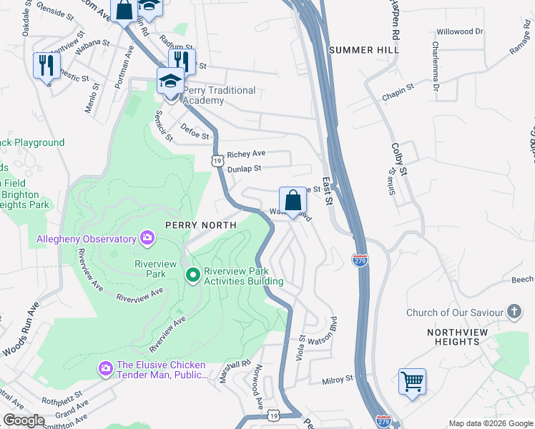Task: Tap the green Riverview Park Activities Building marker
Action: tap(192, 275)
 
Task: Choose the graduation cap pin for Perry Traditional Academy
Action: tap(170, 82)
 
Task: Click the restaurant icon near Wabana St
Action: tap(46, 65)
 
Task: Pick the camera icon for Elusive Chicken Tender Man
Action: tap(105, 368)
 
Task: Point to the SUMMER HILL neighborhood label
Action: tap(360, 50)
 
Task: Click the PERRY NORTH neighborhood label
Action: tap(200, 225)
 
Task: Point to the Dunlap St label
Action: tap(245, 169)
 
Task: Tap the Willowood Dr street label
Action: tap(460, 32)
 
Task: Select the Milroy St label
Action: tap(338, 380)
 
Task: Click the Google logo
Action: tap(24, 420)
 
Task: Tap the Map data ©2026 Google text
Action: tap(490, 423)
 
